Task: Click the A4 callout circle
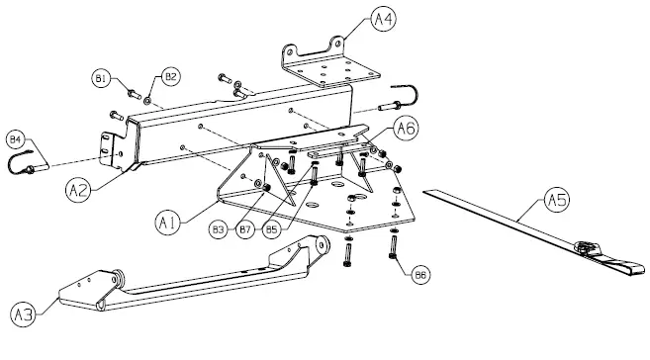pos(383,18)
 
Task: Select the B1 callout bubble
pos(101,76)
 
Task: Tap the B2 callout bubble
pos(171,76)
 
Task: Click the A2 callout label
pos(80,186)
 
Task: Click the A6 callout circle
pos(407,129)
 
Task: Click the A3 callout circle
pos(22,315)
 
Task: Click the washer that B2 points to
pos(146,100)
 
